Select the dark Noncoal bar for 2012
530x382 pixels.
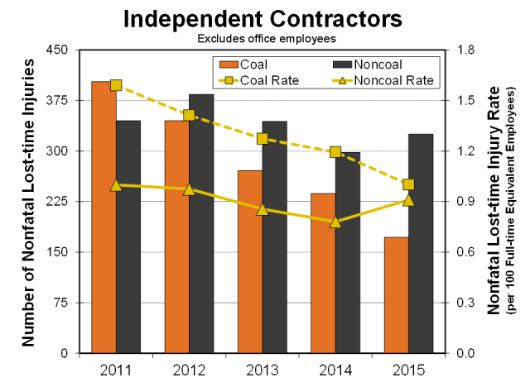(x=201, y=223)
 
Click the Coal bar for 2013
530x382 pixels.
(x=250, y=262)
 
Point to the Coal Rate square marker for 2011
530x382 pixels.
(x=116, y=85)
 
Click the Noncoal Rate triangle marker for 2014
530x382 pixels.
(x=335, y=222)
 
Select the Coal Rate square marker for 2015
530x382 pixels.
(x=408, y=184)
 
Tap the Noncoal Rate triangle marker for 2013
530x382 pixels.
(x=263, y=209)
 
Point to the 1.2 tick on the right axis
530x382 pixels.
(x=465, y=151)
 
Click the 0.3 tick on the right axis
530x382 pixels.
(x=465, y=303)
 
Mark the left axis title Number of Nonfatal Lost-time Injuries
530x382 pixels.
(x=27, y=203)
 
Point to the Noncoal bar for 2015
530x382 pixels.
(x=420, y=243)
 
